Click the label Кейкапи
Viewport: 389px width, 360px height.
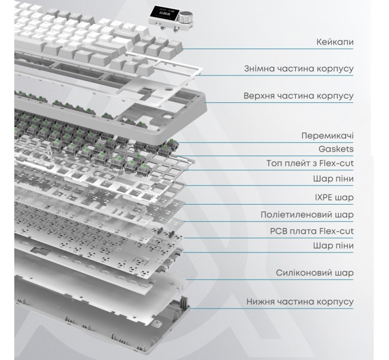(335, 42)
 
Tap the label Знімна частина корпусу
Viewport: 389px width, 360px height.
(299, 69)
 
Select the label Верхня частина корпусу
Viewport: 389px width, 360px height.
(299, 96)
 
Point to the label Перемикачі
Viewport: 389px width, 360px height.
(327, 136)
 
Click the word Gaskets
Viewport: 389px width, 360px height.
(336, 149)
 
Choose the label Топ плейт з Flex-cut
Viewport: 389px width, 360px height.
(310, 163)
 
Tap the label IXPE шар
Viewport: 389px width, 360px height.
(334, 198)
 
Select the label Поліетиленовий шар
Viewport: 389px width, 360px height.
(307, 214)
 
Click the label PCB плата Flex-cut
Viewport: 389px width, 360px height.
(312, 231)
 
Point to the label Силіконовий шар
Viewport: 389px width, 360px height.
(315, 273)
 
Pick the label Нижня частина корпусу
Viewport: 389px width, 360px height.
(300, 302)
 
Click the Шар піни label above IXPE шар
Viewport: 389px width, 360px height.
(333, 179)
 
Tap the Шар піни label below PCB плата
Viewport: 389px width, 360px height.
(333, 246)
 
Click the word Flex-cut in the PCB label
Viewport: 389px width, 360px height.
(336, 231)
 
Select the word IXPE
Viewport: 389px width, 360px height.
(324, 198)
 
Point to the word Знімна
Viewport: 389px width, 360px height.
(258, 69)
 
